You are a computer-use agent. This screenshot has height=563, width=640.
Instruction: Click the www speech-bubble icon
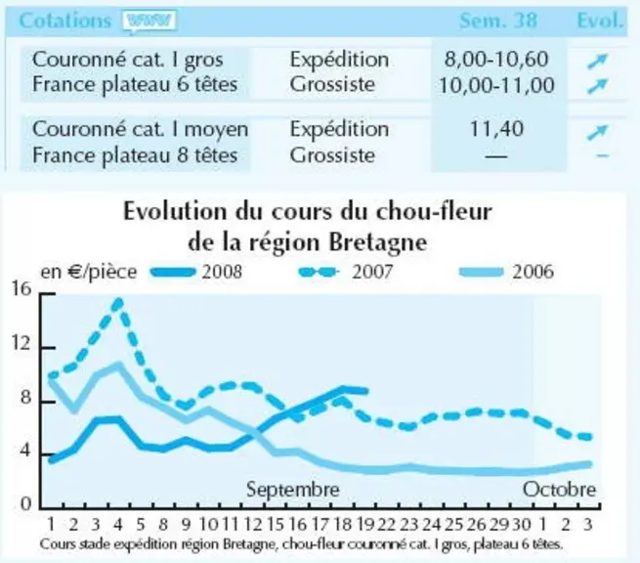[x=149, y=21]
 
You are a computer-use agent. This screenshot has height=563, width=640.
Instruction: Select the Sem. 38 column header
[x=498, y=21]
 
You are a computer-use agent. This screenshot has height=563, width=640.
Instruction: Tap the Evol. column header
[x=600, y=21]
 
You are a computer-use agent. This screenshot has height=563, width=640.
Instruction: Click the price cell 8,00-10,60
[x=496, y=60]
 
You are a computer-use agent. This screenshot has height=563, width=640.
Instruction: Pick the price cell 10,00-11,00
[x=496, y=85]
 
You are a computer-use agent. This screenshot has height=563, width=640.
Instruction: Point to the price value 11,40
[x=496, y=129]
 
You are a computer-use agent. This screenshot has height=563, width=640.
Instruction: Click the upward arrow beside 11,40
[x=598, y=131]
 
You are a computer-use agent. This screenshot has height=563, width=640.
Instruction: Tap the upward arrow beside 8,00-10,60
[x=598, y=62]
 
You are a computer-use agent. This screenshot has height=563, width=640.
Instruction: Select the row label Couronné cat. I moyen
[x=140, y=129]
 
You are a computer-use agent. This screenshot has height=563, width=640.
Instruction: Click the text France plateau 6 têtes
[x=135, y=84]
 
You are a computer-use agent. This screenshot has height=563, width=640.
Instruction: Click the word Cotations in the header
[x=64, y=21]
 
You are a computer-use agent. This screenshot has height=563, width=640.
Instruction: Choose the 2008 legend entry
[x=196, y=272]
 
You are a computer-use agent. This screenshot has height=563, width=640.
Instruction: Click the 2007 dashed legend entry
[x=345, y=272]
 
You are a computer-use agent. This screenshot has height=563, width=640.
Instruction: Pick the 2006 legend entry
[x=506, y=272]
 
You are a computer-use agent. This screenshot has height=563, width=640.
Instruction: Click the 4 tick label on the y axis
[x=25, y=452]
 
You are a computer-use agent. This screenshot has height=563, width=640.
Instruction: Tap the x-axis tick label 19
[x=364, y=524]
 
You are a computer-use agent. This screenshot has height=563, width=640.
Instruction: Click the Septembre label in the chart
[x=293, y=489]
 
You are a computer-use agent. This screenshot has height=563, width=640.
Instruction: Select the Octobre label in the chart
[x=559, y=489]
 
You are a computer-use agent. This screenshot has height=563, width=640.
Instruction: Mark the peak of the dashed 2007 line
[x=118, y=302]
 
